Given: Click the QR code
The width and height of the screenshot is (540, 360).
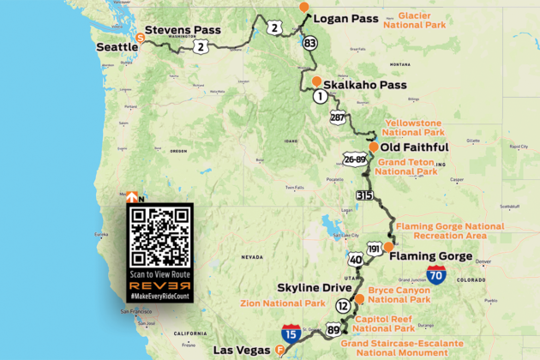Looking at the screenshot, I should [159, 234].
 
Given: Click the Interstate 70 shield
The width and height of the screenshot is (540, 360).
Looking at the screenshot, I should [436, 276].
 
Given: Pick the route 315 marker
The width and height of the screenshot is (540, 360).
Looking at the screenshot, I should [363, 196].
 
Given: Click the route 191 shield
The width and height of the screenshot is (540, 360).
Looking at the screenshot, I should [374, 248].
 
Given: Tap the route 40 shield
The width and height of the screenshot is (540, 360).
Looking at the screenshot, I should [356, 258].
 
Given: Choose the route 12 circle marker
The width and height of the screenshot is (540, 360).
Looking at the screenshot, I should [343, 306].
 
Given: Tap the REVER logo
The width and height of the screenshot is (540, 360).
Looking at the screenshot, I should [159, 284].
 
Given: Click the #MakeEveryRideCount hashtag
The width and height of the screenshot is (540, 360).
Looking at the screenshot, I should [159, 296].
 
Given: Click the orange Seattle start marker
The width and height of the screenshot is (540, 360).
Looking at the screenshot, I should [141, 37].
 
